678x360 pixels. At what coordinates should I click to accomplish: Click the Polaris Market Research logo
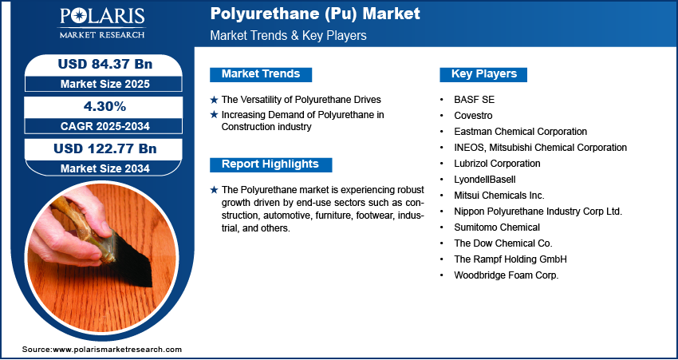click(x=102, y=23)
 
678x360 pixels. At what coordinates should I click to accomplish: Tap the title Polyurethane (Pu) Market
click(x=315, y=14)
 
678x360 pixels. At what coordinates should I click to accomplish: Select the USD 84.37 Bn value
click(x=105, y=64)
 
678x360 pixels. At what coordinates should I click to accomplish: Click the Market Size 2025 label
click(x=105, y=84)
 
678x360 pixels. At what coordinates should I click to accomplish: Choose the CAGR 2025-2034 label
click(x=105, y=126)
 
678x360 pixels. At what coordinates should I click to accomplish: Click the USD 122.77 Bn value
click(x=105, y=148)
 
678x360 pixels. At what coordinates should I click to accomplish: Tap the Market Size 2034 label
click(x=105, y=168)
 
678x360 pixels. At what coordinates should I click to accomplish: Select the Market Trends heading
click(x=261, y=74)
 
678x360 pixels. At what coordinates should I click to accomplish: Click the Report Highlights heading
click(x=270, y=164)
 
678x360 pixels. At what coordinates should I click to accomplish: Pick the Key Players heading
click(x=484, y=74)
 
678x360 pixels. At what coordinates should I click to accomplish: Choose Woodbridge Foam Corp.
click(x=507, y=275)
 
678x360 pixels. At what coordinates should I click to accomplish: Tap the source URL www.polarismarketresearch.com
click(x=116, y=349)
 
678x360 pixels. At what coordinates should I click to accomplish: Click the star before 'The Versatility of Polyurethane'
click(x=214, y=100)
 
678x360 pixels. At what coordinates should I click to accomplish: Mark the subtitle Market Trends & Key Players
click(x=288, y=35)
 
